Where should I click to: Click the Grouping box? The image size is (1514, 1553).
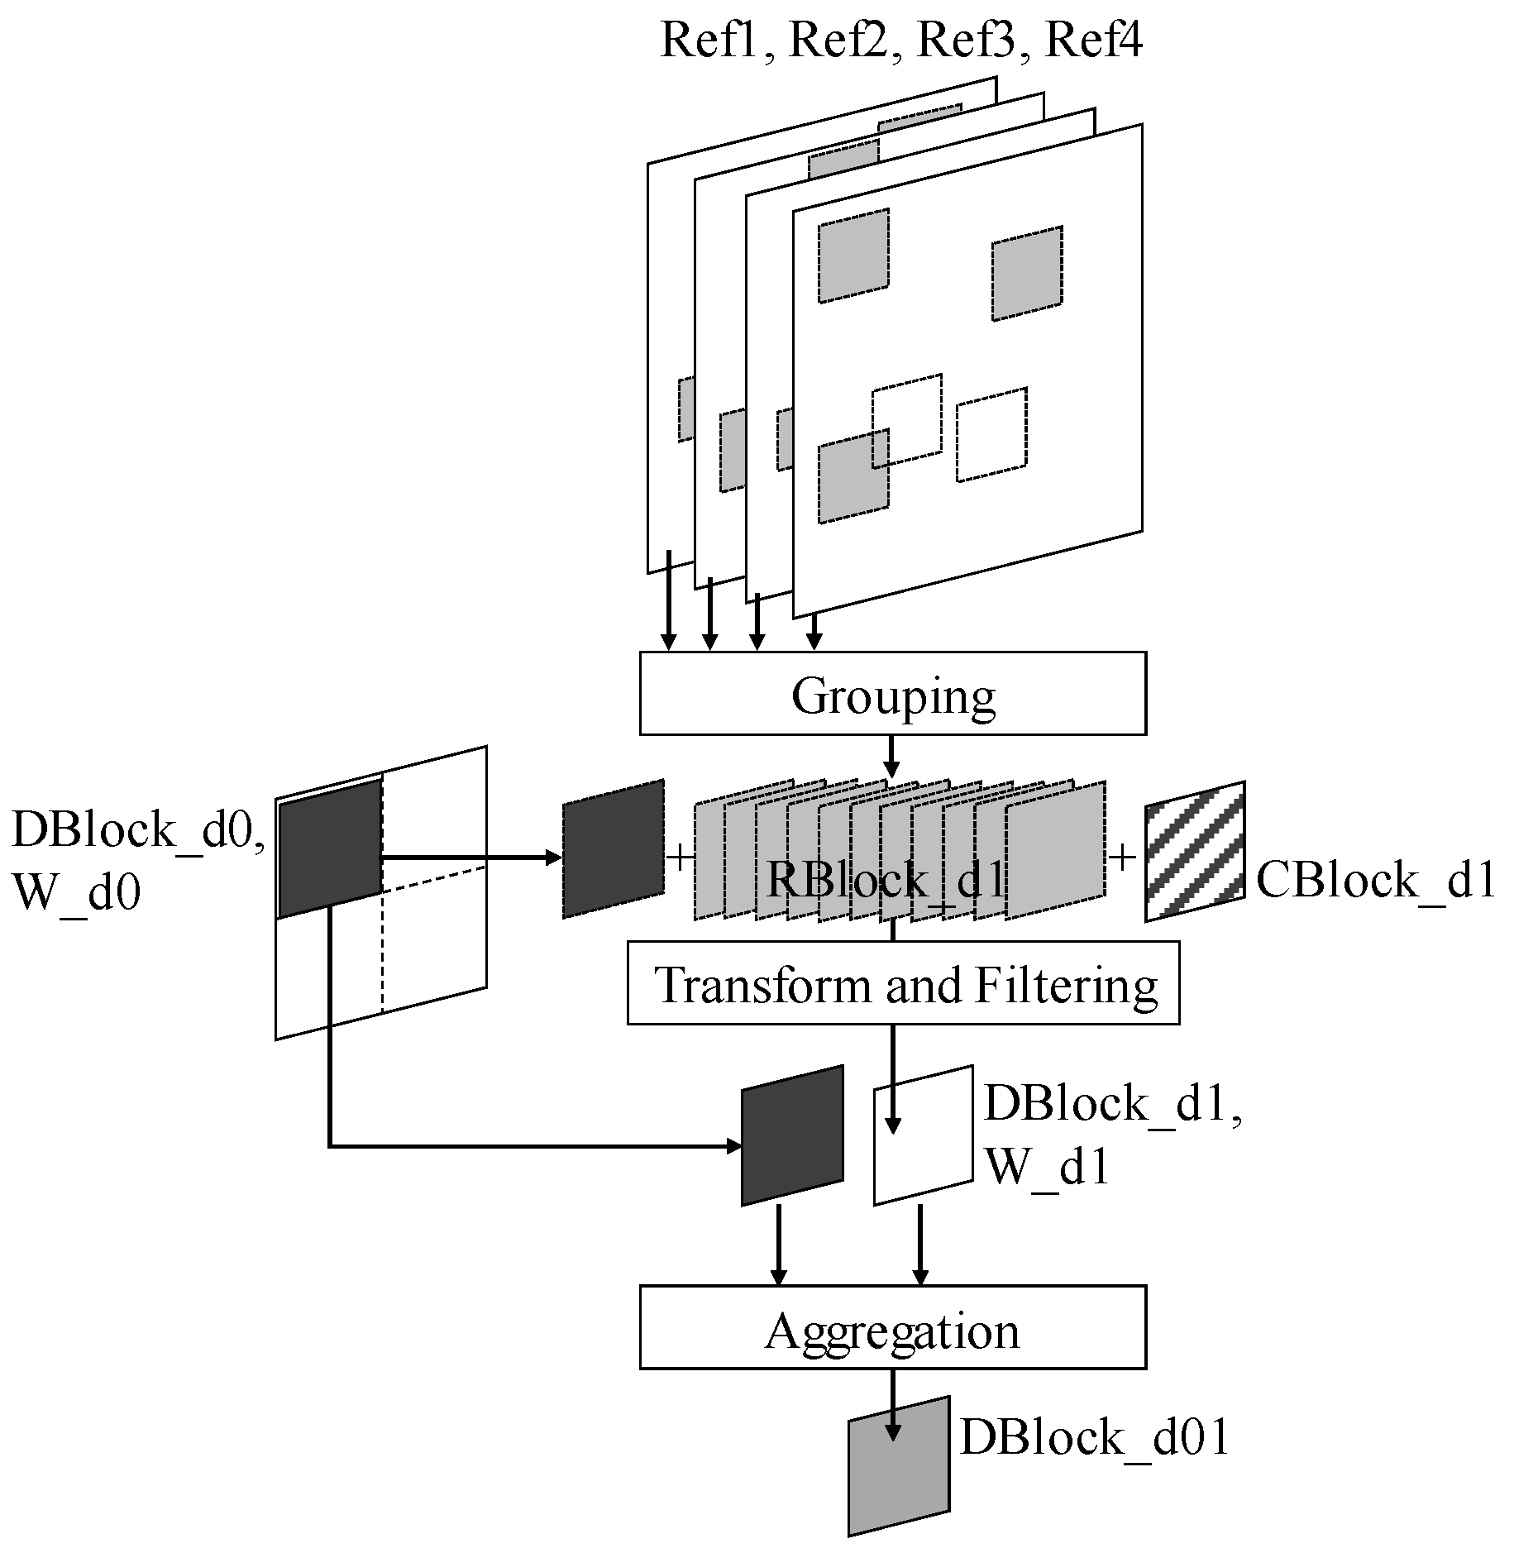pyautogui.click(x=892, y=693)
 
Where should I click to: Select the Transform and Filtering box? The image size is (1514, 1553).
pyautogui.click(x=903, y=983)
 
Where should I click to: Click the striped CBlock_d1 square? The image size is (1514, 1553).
pyautogui.click(x=1195, y=851)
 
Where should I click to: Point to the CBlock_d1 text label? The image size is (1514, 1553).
pyautogui.click(x=1375, y=880)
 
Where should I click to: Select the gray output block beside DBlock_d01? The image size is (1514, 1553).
pyautogui.click(x=899, y=1466)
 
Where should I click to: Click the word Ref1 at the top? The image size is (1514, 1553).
pyautogui.click(x=709, y=40)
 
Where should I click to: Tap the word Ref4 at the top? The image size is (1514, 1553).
pyautogui.click(x=1094, y=40)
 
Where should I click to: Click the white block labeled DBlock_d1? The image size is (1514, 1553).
pyautogui.click(x=924, y=1135)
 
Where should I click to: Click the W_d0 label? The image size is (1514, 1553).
pyautogui.click(x=77, y=892)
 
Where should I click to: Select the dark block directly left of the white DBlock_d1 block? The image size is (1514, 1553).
pyautogui.click(x=792, y=1135)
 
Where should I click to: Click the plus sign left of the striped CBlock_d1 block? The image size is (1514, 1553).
pyautogui.click(x=1122, y=858)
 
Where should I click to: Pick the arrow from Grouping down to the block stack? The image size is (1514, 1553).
pyautogui.click(x=891, y=756)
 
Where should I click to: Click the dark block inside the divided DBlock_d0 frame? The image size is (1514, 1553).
pyautogui.click(x=330, y=848)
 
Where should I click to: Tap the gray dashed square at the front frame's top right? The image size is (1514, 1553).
pyautogui.click(x=1027, y=273)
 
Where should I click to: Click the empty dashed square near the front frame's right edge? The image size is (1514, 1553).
pyautogui.click(x=991, y=434)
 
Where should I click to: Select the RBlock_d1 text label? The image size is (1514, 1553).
pyautogui.click(x=885, y=880)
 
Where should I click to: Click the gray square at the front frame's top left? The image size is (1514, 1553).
pyautogui.click(x=853, y=256)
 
